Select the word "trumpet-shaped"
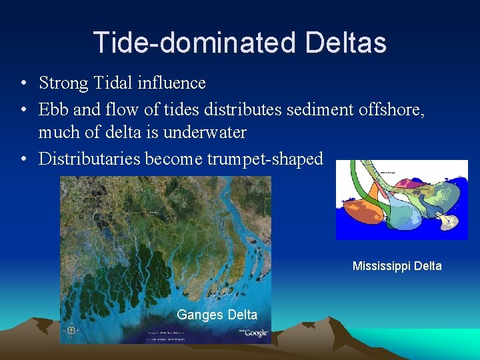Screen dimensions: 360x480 pyautogui.click(x=265, y=159)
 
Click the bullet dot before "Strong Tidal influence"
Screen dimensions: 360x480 pyautogui.click(x=23, y=84)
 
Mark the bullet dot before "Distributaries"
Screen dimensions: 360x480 pyautogui.click(x=23, y=159)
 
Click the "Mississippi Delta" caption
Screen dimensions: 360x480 pyautogui.click(x=397, y=266)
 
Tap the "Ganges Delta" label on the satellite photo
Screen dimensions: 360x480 pyautogui.click(x=217, y=315)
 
